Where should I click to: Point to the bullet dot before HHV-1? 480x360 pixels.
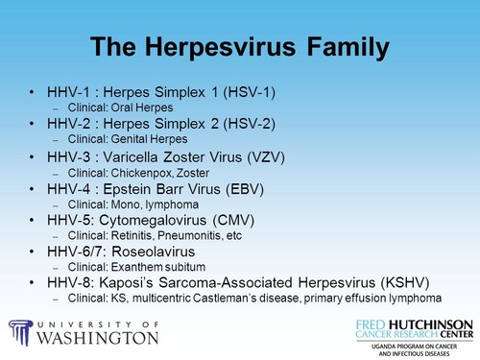pyautogui.click(x=33, y=92)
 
